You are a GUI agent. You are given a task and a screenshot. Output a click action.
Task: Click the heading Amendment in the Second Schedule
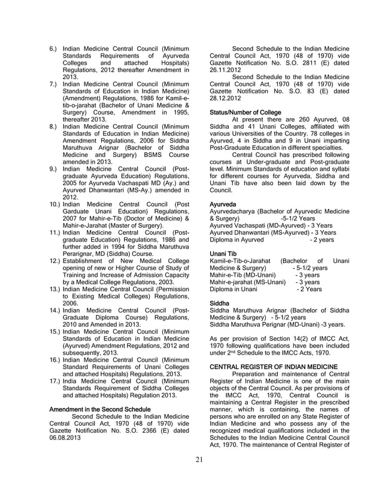point(101,410)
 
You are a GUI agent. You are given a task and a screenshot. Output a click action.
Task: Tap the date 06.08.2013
point(65,436)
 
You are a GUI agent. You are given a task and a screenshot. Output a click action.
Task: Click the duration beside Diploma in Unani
point(309,289)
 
